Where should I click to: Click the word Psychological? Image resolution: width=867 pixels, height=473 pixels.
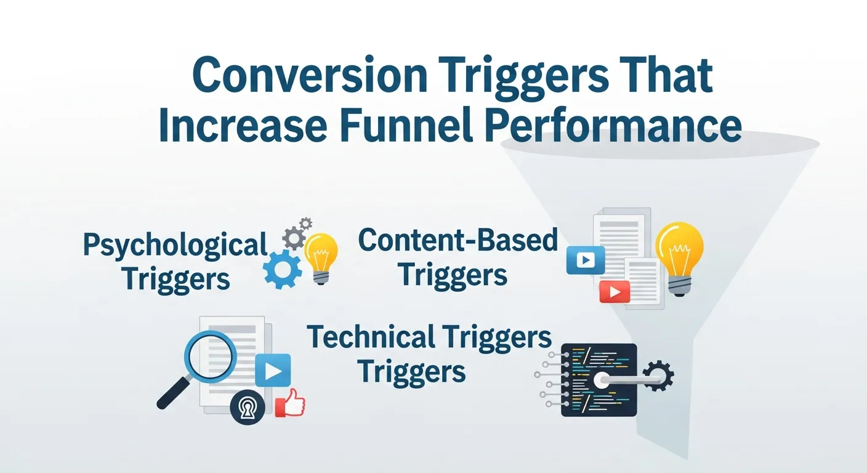175,246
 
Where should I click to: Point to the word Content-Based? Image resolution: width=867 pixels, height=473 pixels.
458,241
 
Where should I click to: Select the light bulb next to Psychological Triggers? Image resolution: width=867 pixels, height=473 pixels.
321,256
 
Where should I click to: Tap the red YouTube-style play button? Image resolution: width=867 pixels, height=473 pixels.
615,291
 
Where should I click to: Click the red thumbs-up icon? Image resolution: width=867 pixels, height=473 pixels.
289,404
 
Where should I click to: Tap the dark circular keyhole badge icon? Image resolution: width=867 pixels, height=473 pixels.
247,409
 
